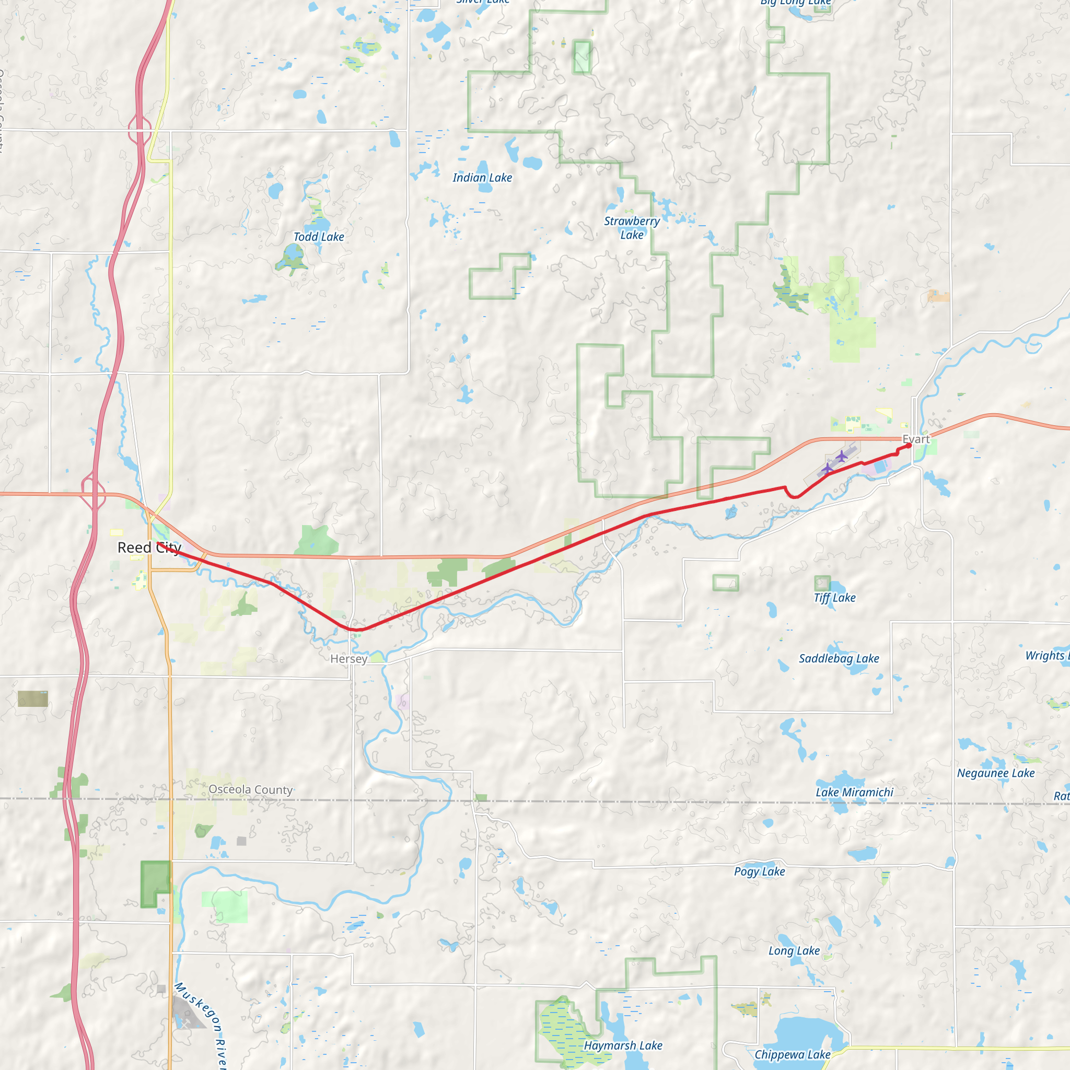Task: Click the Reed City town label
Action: click(149, 548)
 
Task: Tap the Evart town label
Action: click(916, 439)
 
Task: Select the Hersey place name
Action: click(348, 659)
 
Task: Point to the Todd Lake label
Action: click(319, 237)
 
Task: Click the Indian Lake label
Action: click(482, 178)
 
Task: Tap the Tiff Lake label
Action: click(834, 598)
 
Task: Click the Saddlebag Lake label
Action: click(839, 658)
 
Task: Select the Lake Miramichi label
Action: click(854, 793)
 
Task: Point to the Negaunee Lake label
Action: click(995, 773)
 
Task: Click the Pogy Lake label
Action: click(759, 872)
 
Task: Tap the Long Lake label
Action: click(794, 951)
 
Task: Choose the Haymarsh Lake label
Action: click(623, 1045)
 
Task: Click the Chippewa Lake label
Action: click(792, 1054)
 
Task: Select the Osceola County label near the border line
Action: click(250, 790)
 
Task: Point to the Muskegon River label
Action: click(201, 1025)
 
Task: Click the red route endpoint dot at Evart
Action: click(908, 446)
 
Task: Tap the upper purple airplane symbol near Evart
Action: click(841, 456)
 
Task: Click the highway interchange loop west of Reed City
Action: click(93, 492)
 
